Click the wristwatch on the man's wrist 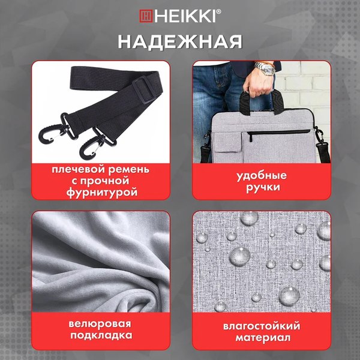(265, 70)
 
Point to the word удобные (261, 175)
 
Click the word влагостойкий (261, 326)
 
